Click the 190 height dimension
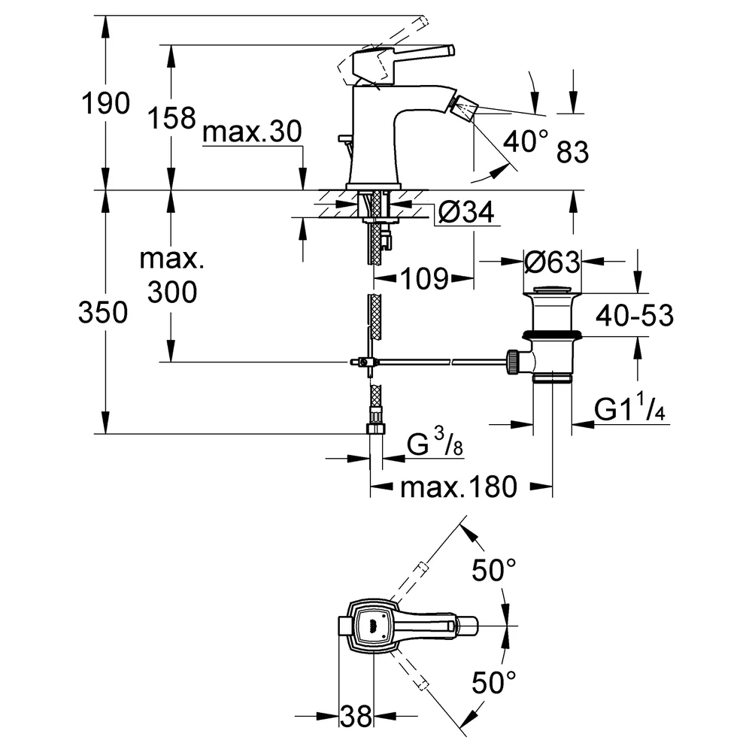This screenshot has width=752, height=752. (x=105, y=103)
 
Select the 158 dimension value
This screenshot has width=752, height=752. (x=171, y=118)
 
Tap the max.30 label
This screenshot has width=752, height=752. (x=252, y=131)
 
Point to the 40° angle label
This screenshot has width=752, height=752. (x=525, y=141)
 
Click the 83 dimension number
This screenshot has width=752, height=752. (x=572, y=152)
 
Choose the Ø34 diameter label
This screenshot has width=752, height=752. (x=466, y=211)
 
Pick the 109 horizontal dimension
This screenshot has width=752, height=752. (x=425, y=278)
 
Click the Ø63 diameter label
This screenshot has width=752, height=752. (x=552, y=262)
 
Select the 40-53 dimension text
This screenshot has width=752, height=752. (x=635, y=316)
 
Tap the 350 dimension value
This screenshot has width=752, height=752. (x=103, y=312)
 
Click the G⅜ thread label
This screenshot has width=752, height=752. (x=435, y=441)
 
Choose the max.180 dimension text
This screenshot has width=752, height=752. (x=459, y=487)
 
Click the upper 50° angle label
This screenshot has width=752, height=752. (x=494, y=570)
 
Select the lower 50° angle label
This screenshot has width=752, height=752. (x=494, y=683)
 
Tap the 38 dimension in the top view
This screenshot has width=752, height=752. (x=356, y=717)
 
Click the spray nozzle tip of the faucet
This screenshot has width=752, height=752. (x=463, y=108)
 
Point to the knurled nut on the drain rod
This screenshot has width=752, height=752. (x=511, y=361)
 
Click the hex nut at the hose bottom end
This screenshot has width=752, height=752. (x=376, y=428)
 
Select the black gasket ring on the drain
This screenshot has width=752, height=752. (x=552, y=334)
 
